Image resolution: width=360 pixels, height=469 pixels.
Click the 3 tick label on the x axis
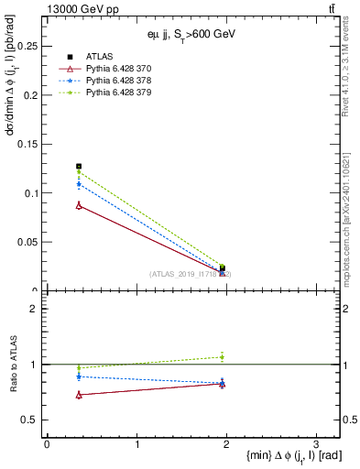point(316,443)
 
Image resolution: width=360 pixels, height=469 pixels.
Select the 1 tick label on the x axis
point(136,443)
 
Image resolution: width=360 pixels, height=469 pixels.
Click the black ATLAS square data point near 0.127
point(79,167)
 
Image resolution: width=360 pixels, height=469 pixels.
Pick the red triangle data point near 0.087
point(79,205)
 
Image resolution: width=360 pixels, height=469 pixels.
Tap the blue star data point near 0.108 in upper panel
point(79,185)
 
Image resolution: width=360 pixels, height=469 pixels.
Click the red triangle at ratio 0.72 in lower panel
point(79,395)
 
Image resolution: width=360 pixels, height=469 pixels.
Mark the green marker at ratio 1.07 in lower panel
point(222,356)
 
